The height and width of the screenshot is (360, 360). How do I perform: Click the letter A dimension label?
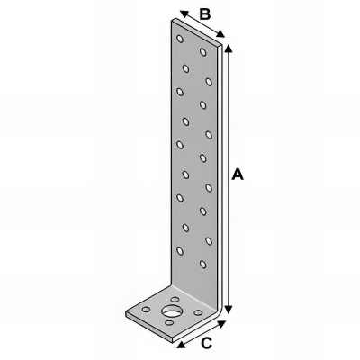(x=238, y=175)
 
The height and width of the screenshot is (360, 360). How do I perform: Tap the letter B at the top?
(x=204, y=13)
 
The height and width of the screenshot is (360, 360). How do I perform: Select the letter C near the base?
(x=205, y=342)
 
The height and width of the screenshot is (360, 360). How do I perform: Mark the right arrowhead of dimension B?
(x=225, y=38)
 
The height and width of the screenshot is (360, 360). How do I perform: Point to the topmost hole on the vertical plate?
(x=181, y=40)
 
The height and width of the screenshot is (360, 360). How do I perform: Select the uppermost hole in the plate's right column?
(x=204, y=52)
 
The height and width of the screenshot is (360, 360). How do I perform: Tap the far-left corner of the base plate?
(x=125, y=312)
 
